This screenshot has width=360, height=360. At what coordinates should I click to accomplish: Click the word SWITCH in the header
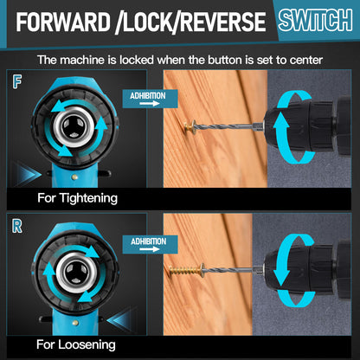[x=315, y=20]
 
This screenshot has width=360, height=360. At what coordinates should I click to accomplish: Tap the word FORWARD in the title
[x=63, y=22]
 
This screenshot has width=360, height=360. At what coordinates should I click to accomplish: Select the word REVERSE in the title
[x=224, y=22]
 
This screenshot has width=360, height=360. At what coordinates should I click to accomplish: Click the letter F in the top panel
[x=17, y=82]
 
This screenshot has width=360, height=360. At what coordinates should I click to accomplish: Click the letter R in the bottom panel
[x=17, y=226]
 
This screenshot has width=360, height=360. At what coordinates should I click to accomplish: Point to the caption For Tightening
[x=77, y=198]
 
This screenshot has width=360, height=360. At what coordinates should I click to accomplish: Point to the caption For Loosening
[x=76, y=344]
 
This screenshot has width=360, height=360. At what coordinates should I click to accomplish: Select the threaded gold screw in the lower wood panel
[x=187, y=271]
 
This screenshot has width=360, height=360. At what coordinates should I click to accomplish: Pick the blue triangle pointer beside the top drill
[x=29, y=174]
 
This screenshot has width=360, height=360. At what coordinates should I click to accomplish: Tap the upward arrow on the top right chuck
[x=281, y=136]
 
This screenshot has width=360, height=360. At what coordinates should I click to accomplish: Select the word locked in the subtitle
[x=137, y=60]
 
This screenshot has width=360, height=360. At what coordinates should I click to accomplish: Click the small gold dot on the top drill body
[x=75, y=177]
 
